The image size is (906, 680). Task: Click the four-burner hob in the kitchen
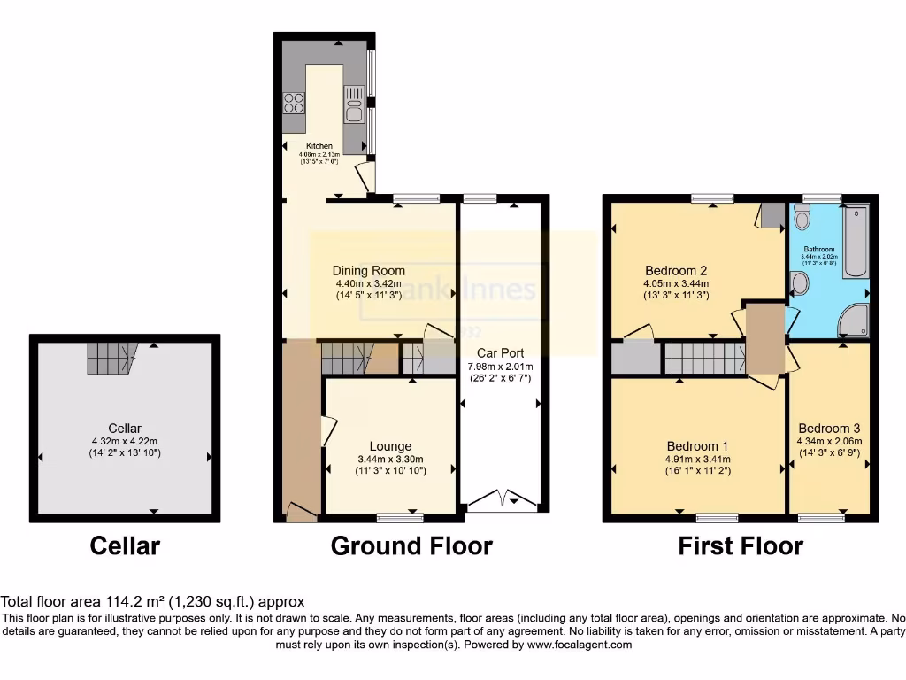click(x=294, y=103)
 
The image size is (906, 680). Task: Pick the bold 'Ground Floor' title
click(x=411, y=545)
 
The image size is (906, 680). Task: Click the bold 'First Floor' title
click(x=741, y=545)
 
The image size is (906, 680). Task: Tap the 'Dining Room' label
click(x=369, y=271)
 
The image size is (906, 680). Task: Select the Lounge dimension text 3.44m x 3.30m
click(x=390, y=460)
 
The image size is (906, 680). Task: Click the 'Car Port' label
click(x=501, y=352)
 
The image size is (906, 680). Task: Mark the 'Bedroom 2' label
click(x=676, y=271)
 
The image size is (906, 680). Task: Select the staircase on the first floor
click(x=705, y=359)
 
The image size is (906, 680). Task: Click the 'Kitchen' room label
click(x=319, y=146)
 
